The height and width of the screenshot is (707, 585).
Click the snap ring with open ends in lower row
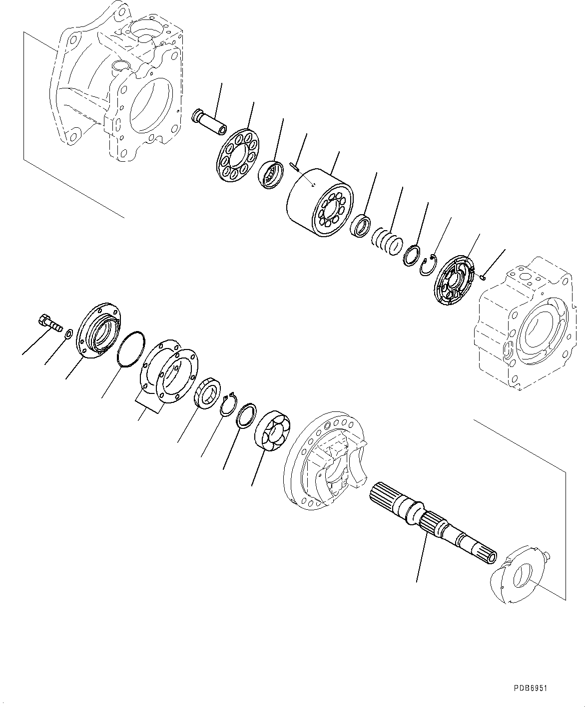[229, 402]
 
